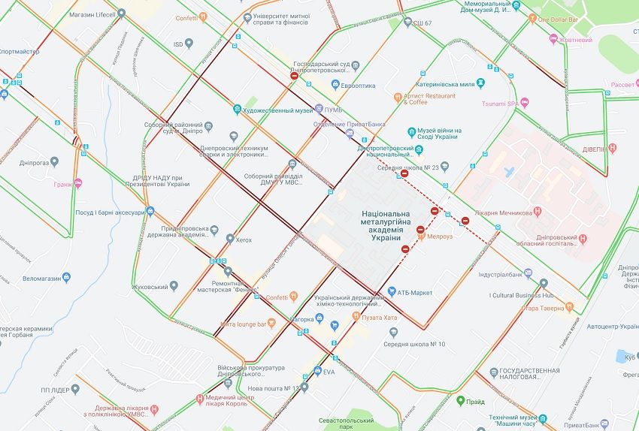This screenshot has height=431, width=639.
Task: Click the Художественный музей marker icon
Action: [x=238, y=110]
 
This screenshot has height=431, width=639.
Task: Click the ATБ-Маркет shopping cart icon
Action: [x=392, y=292]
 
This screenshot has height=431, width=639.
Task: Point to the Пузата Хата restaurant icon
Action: [x=356, y=318]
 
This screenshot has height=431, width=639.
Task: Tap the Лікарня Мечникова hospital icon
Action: [x=537, y=212]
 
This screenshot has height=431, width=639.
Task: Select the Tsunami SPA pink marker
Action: [x=525, y=103]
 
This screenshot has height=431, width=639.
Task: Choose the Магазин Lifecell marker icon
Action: [x=121, y=14]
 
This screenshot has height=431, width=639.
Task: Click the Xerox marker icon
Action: [x=230, y=240]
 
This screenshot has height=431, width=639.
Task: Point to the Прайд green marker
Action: [x=460, y=401]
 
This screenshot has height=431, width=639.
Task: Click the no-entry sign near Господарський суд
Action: [x=295, y=76]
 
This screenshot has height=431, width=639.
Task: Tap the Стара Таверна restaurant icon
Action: [x=569, y=307]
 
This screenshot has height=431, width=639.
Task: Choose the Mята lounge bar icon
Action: [x=272, y=324]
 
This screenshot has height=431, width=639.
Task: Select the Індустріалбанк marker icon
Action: [x=528, y=274]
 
